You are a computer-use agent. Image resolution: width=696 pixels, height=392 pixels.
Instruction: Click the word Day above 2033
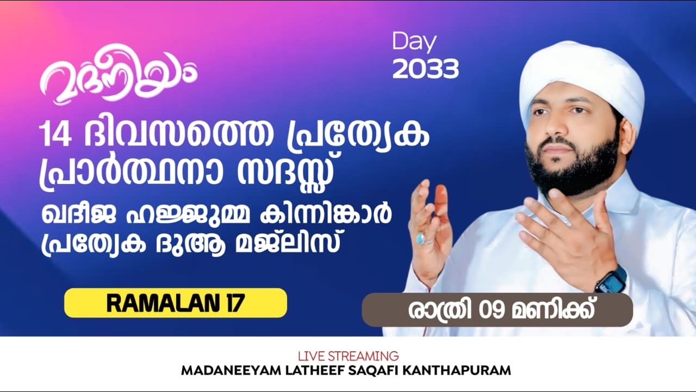point(414,42)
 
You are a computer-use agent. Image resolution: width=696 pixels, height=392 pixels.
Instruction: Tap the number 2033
point(425,69)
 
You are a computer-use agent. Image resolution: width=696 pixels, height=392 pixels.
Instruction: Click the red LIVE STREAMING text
point(348,357)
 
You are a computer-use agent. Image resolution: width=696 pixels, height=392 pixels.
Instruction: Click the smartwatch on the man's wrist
point(612,279)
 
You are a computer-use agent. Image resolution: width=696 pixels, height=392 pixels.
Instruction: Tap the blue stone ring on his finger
point(421,238)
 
